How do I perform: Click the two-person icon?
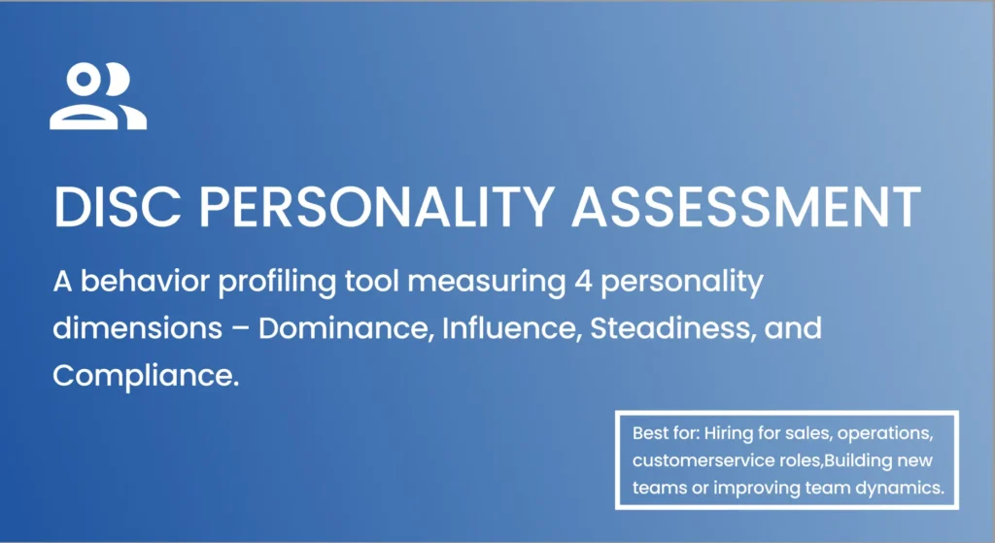[98, 97]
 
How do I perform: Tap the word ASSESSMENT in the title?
[746, 206]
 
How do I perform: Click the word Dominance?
[344, 328]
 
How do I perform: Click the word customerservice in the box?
[692, 459]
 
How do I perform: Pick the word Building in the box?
[854, 459]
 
